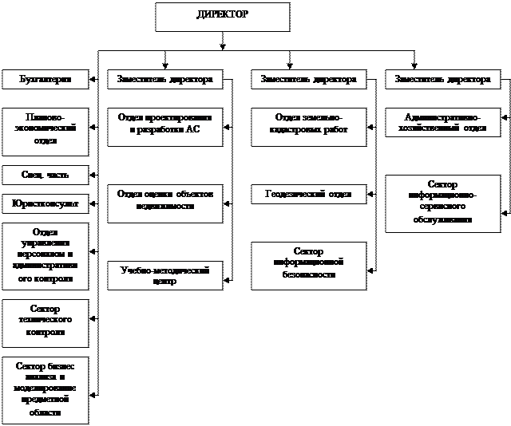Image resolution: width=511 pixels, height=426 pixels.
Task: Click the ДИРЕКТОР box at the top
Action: point(221,17)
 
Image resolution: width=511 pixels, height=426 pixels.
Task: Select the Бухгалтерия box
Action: point(45,80)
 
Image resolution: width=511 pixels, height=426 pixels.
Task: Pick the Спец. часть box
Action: point(45,175)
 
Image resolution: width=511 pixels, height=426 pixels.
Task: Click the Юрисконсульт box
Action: point(45,203)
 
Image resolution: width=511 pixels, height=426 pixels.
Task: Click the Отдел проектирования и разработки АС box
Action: point(164,124)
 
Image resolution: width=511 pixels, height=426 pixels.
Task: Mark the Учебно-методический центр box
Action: point(164,276)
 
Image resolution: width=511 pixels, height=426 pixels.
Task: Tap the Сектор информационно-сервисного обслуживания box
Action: point(442,203)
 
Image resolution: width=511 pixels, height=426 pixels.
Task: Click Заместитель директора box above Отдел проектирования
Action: point(164,80)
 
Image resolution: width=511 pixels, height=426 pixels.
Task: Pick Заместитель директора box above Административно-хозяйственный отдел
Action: point(442,80)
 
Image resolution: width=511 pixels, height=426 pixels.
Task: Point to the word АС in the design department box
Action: point(192,130)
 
